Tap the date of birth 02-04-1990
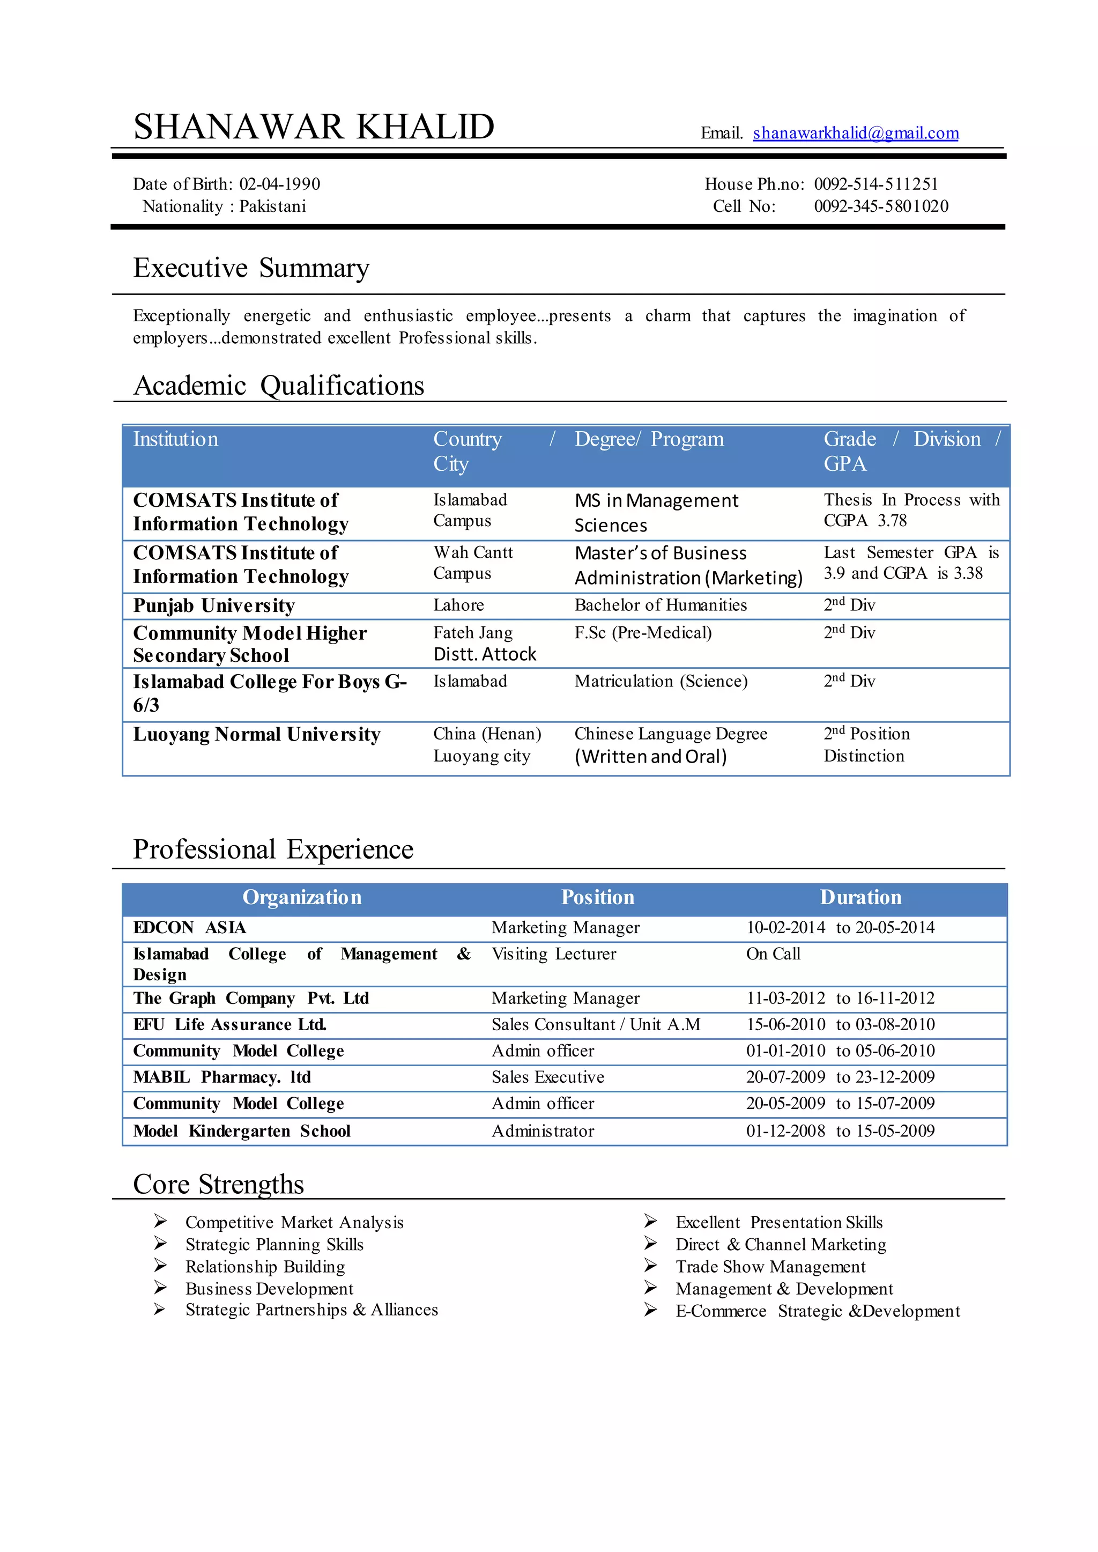[x=279, y=184]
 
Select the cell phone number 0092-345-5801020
[x=880, y=206]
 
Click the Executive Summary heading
[x=251, y=268]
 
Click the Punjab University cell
[x=214, y=605]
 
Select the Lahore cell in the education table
[x=458, y=605]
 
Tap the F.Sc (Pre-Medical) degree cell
[x=642, y=633]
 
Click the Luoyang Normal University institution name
[x=256, y=734]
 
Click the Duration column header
[x=860, y=897]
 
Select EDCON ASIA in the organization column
[x=189, y=928]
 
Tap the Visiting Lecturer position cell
[x=553, y=954]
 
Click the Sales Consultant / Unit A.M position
[x=595, y=1024]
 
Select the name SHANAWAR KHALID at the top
[x=314, y=127]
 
